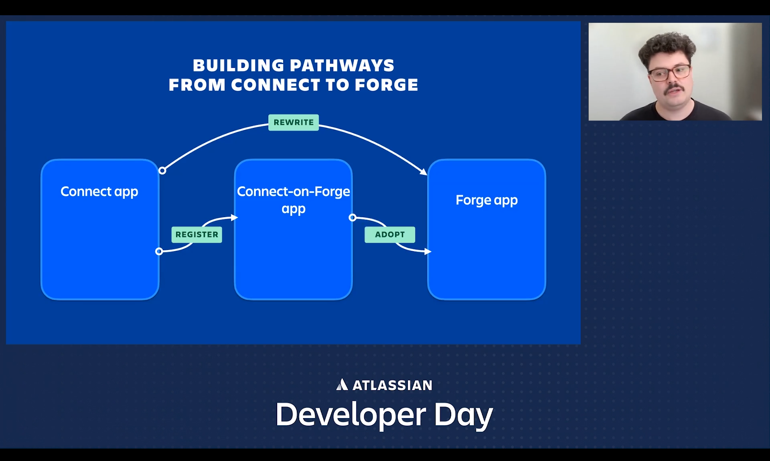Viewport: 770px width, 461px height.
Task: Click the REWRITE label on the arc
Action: click(x=294, y=122)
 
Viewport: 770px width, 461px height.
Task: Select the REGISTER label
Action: click(x=197, y=235)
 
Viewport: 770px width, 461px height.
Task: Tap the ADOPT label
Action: click(x=390, y=235)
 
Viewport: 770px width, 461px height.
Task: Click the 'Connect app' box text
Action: click(x=99, y=192)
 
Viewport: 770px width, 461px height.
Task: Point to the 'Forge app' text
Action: click(x=486, y=200)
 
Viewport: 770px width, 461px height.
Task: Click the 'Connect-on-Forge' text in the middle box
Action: click(x=294, y=191)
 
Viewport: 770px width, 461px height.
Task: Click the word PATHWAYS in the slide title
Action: click(x=342, y=65)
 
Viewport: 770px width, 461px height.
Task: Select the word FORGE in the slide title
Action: click(x=386, y=85)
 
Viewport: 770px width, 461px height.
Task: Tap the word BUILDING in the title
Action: click(x=239, y=65)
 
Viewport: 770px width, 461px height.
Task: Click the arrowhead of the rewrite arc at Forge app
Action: click(x=423, y=172)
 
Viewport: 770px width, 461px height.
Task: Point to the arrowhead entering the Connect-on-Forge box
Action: click(x=235, y=217)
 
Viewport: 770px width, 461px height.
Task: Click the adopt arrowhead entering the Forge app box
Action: click(x=428, y=252)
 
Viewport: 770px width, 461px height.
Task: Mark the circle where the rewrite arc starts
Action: click(x=162, y=171)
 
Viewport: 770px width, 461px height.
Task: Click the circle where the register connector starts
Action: click(x=159, y=252)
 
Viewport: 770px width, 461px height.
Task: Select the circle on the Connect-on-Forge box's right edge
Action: click(x=353, y=217)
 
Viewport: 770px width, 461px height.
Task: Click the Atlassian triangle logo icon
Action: click(x=342, y=385)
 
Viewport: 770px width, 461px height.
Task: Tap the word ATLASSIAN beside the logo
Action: click(x=392, y=386)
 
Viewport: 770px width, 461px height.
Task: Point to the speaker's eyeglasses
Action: click(x=670, y=73)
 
